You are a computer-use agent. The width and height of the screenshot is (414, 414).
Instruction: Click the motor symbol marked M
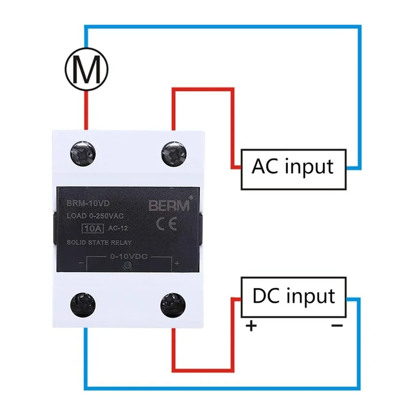point(86,67)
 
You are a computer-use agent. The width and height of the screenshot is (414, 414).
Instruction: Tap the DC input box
point(293,297)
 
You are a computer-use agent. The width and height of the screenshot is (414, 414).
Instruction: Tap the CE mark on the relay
point(167,224)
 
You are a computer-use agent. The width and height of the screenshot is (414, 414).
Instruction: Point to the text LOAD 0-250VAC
point(96,215)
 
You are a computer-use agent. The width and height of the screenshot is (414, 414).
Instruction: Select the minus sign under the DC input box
point(336,326)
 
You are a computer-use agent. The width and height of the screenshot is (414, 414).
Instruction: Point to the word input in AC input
point(310,167)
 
